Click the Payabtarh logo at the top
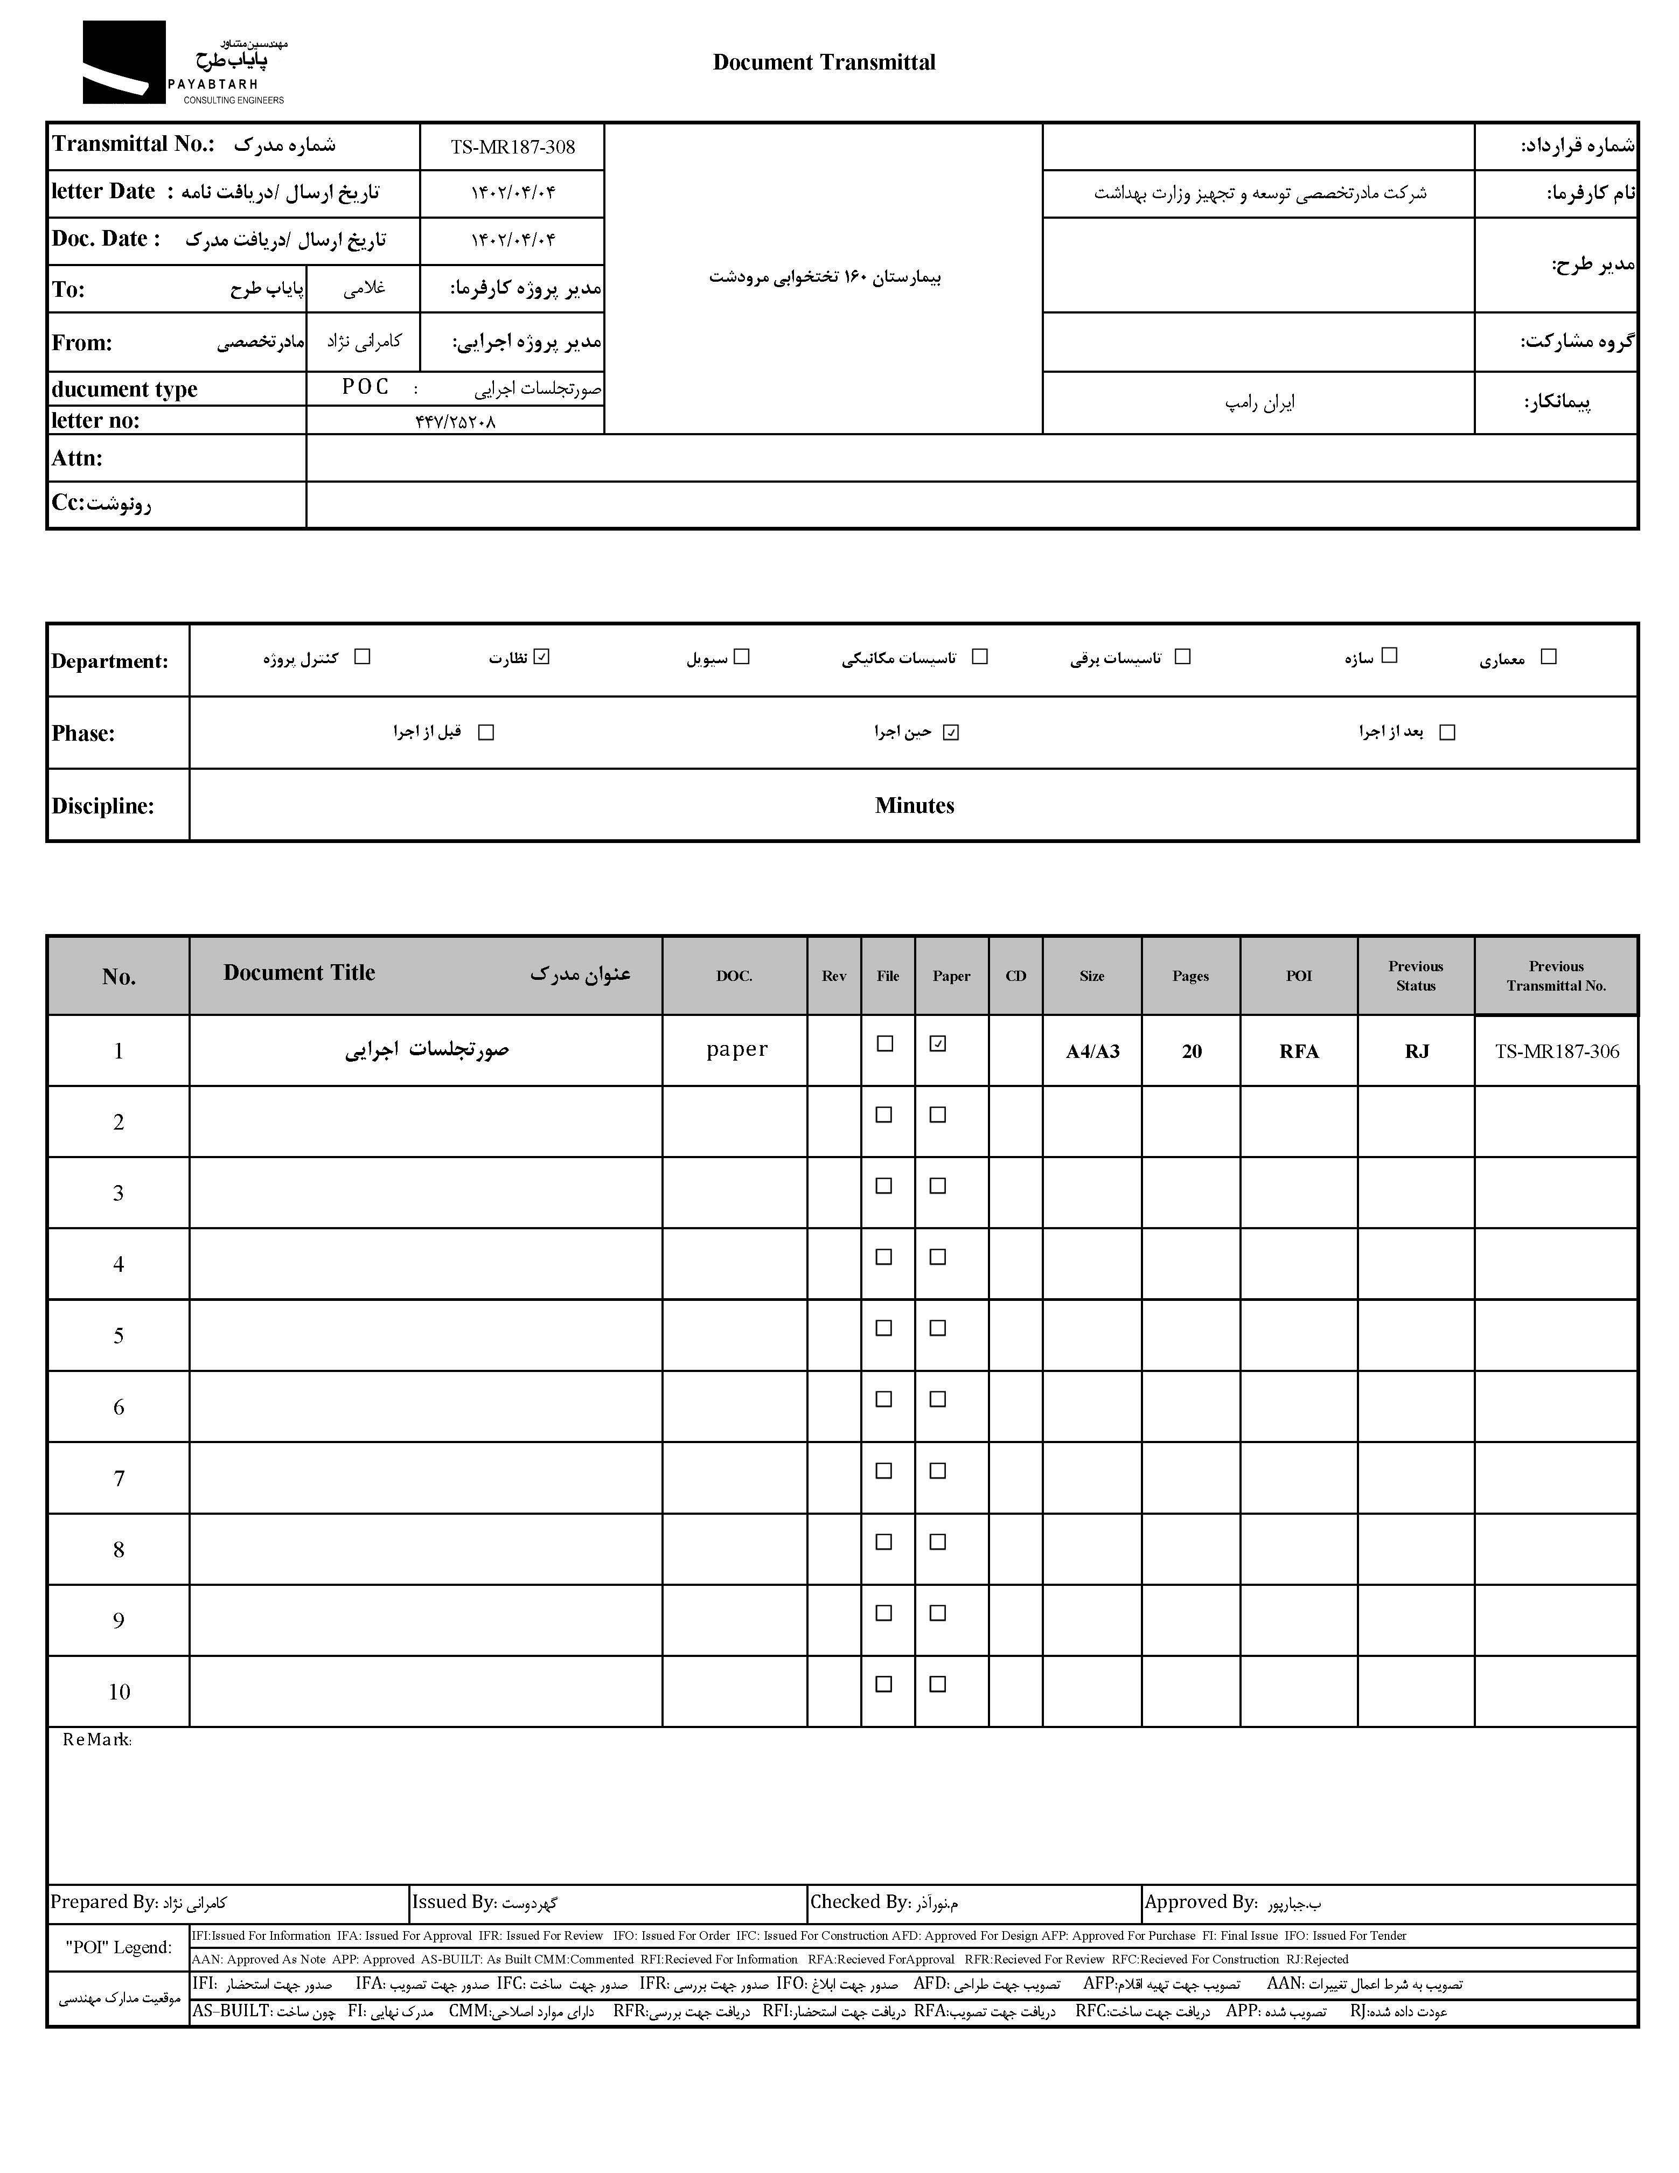tap(184, 62)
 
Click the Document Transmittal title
tap(824, 62)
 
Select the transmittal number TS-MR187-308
tap(512, 147)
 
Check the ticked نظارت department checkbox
tap(541, 657)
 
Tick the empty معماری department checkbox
tap(1548, 657)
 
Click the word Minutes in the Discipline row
tap(914, 806)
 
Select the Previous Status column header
tap(1416, 976)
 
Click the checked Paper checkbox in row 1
tap(937, 1044)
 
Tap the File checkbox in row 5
tap(883, 1328)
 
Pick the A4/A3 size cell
tap(1092, 1051)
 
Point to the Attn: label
tap(78, 458)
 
